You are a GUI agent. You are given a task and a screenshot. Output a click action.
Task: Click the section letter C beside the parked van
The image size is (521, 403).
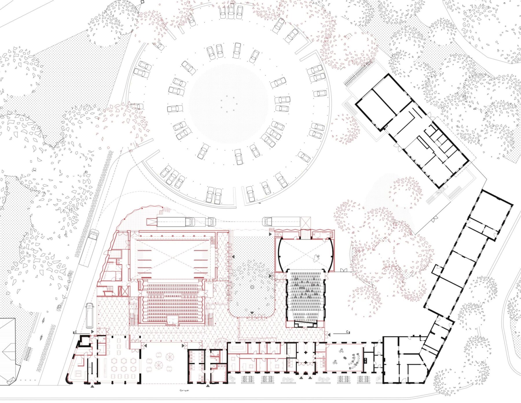pos(76,332)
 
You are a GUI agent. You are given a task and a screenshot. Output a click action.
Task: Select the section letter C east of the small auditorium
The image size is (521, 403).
pos(347,332)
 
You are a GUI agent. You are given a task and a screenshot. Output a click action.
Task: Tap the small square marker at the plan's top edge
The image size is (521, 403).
pos(142,2)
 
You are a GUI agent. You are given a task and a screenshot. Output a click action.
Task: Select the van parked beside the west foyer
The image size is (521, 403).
pos(90,316)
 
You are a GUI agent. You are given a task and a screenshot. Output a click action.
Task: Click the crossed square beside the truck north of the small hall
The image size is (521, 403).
pos(305,222)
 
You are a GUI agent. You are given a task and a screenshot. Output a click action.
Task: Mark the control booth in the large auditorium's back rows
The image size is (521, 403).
pos(173,320)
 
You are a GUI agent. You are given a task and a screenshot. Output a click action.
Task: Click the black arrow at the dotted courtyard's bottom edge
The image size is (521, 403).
pos(252,313)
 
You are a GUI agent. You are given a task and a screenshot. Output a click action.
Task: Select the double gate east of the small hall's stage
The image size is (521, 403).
pos(344,271)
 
